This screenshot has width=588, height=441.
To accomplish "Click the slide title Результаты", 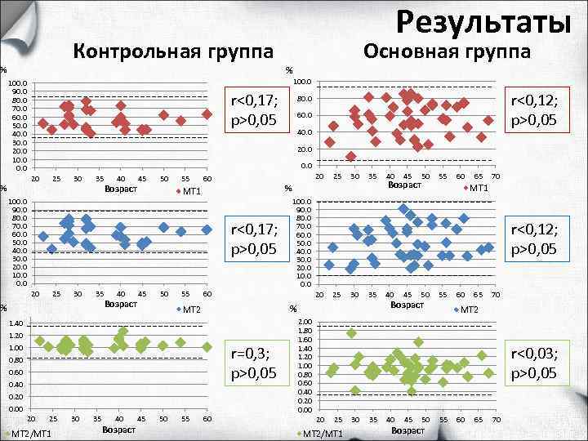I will click(x=483, y=20).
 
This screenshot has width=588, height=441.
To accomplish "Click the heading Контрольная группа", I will click(x=173, y=51).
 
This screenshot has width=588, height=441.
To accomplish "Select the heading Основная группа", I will click(x=447, y=51).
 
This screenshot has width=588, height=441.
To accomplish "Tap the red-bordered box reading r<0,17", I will click(x=256, y=110).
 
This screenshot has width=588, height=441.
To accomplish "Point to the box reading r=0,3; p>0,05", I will click(x=256, y=362).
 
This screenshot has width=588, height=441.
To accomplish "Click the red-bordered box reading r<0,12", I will click(x=534, y=110).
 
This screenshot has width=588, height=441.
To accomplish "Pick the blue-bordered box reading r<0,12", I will click(x=534, y=238).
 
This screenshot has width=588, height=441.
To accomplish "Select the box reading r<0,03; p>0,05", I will click(x=534, y=362).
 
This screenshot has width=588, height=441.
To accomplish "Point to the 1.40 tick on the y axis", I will click(x=16, y=323).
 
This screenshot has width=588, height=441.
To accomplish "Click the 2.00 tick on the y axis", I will click(x=305, y=321).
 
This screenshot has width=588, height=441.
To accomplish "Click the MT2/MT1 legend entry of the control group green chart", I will click(x=29, y=433).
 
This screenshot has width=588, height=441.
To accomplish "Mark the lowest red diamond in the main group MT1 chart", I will click(x=351, y=156).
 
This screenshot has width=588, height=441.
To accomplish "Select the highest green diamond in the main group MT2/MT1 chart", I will click(x=352, y=333).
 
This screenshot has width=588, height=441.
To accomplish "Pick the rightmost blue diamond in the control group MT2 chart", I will click(x=207, y=229).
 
